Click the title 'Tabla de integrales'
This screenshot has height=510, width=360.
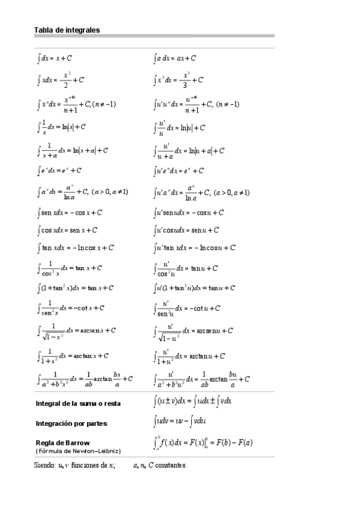(67, 29)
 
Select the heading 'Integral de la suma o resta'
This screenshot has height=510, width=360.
(78, 404)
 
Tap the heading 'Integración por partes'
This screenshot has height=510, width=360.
(72, 423)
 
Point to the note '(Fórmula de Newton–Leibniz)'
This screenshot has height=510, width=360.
(78, 450)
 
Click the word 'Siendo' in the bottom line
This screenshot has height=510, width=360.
(44, 465)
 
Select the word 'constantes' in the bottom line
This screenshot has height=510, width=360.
(171, 465)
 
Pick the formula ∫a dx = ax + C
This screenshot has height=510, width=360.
(175, 58)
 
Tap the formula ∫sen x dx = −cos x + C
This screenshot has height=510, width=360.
(70, 212)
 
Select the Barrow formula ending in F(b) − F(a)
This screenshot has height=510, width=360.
(203, 443)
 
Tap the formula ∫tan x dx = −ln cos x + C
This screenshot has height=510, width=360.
(76, 247)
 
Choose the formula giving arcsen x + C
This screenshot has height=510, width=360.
(76, 330)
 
